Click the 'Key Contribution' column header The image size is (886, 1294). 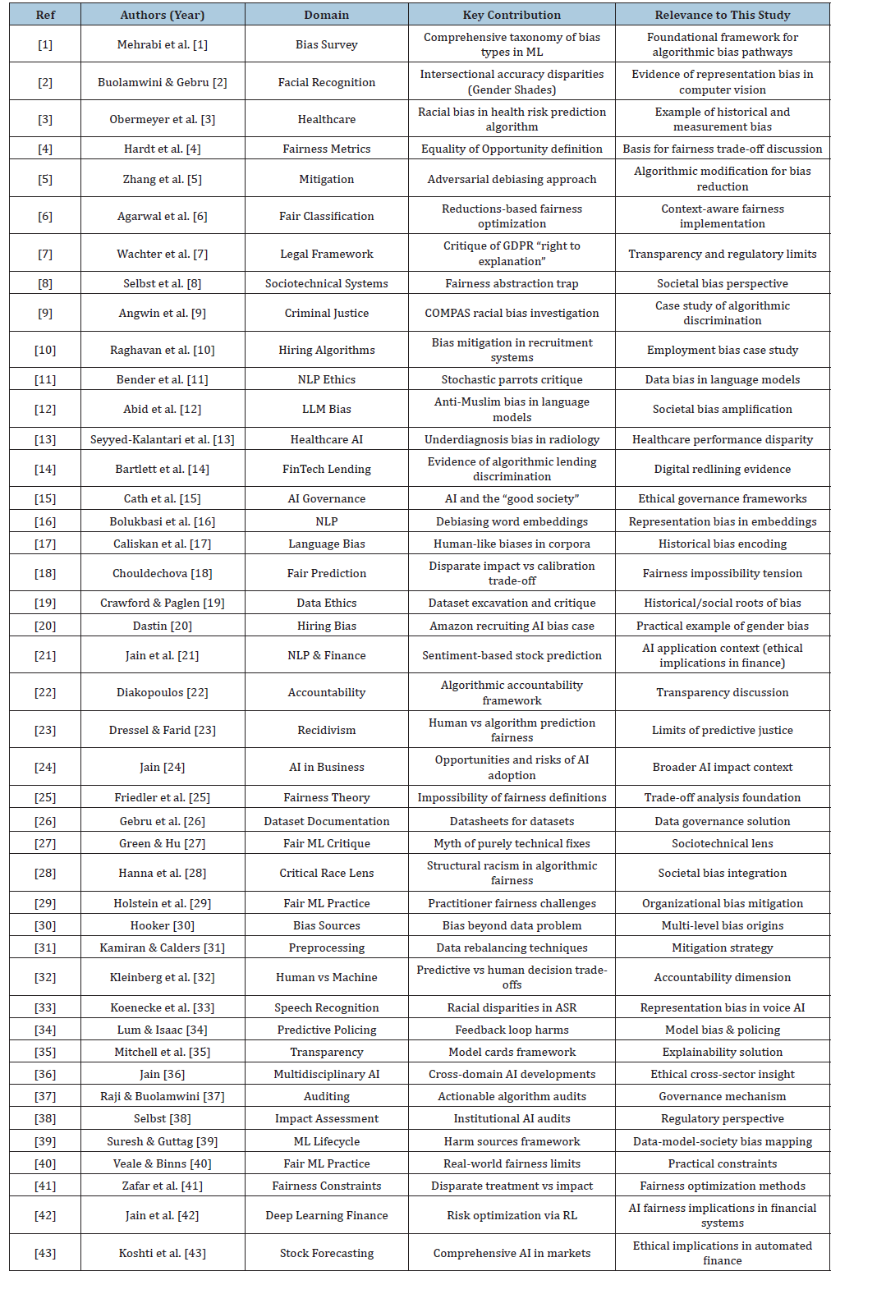[512, 15]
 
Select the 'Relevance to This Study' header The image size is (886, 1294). [722, 15]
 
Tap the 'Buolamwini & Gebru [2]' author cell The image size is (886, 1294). [163, 82]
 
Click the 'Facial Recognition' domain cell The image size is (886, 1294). [326, 82]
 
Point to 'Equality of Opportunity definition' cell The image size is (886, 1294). [512, 149]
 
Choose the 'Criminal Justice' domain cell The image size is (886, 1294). [326, 313]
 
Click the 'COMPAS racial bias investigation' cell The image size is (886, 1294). [512, 313]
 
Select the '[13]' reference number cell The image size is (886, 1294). [45, 439]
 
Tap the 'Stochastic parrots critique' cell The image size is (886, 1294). [512, 379]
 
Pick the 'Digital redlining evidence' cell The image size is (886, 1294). [722, 469]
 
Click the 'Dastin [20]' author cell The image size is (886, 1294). [163, 626]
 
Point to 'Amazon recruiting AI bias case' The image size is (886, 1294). [512, 626]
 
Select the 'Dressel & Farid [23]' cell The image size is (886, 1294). [163, 730]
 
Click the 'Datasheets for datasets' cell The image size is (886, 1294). [512, 821]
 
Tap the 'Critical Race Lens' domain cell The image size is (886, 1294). [326, 873]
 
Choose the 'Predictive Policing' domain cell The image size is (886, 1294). [326, 1030]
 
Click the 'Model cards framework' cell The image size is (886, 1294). [512, 1052]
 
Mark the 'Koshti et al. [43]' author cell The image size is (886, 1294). [163, 1253]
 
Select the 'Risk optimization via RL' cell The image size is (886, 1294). [512, 1215]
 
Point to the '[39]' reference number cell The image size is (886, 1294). [45, 1141]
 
